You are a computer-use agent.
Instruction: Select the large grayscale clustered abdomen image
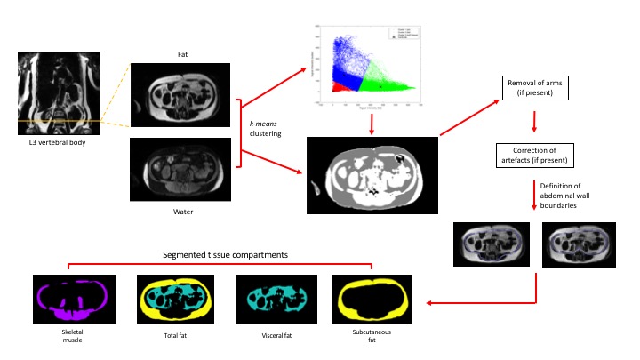coord(372,175)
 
